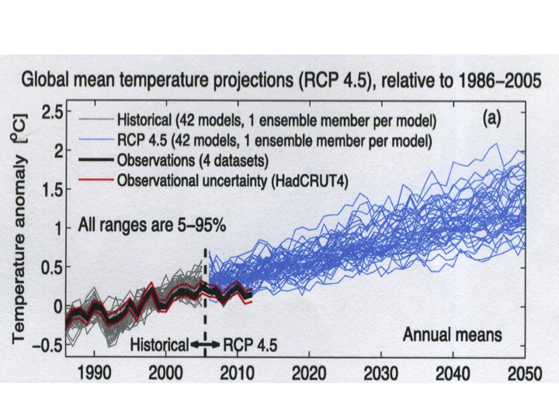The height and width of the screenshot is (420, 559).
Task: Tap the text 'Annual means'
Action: [x=452, y=335]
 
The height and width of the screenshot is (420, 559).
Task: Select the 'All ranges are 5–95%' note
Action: [x=152, y=226]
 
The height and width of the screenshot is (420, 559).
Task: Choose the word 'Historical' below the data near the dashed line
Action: [x=158, y=343]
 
